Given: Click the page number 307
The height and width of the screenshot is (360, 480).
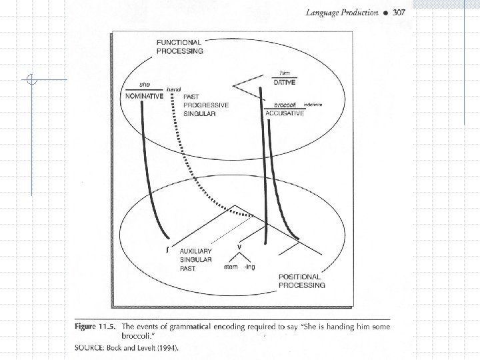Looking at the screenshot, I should (x=399, y=13).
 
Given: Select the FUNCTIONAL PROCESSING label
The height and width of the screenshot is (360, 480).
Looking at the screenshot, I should (x=180, y=46).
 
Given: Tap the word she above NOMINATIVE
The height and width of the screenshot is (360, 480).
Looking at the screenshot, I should (x=144, y=85).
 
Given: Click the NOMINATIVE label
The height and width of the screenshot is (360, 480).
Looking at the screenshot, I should (x=145, y=96).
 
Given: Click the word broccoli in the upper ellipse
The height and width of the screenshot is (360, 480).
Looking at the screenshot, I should (x=285, y=105).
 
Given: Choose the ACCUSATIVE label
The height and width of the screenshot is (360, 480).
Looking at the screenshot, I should (x=285, y=114).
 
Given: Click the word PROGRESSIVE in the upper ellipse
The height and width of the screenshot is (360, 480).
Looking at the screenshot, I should (x=206, y=105).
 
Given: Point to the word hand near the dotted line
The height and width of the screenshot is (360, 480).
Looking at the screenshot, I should (x=173, y=89).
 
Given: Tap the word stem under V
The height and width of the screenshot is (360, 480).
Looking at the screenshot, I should (x=230, y=267).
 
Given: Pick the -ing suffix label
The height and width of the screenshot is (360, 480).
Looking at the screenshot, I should (x=249, y=267).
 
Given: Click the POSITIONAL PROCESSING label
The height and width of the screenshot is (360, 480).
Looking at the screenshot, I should (x=301, y=281).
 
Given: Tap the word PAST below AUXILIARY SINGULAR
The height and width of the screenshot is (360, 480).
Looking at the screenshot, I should (x=188, y=269).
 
